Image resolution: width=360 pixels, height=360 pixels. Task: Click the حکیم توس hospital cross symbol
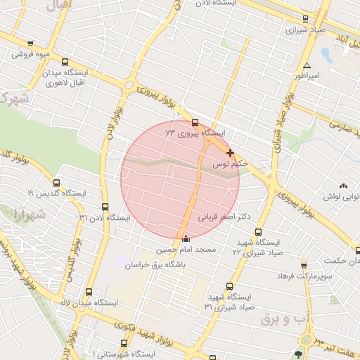click(x=230, y=153)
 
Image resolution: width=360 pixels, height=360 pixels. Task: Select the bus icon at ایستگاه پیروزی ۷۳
click(x=195, y=123)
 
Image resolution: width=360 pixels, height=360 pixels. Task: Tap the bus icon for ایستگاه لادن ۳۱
click(x=105, y=207)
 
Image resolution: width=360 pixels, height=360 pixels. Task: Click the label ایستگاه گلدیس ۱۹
click(x=56, y=193)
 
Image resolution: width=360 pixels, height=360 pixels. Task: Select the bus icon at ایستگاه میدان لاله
click(x=89, y=292)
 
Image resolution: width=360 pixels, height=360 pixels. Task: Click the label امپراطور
click(x=307, y=75)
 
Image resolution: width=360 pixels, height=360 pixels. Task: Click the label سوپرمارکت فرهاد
click(x=324, y=277)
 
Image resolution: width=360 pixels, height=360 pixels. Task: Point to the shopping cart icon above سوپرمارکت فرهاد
click(x=304, y=266)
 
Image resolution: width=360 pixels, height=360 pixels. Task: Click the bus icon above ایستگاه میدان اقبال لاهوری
click(x=65, y=63)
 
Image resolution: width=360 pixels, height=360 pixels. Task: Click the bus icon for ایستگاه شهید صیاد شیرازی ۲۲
click(x=258, y=232)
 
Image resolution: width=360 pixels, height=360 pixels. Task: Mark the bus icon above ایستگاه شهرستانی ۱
click(x=124, y=343)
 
